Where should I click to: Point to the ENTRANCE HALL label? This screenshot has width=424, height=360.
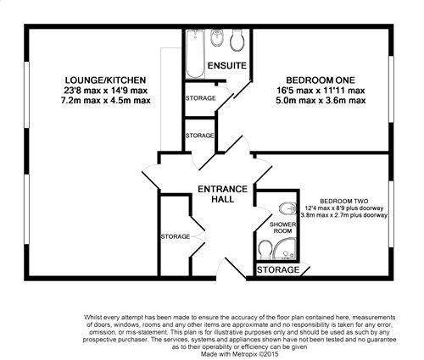(x=222, y=194)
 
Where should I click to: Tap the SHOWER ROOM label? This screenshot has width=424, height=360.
(x=281, y=227)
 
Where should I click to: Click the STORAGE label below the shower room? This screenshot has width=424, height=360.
(x=280, y=270)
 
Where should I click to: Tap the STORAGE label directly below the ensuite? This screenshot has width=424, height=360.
(x=200, y=99)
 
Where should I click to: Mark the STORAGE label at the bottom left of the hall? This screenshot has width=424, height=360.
(x=176, y=236)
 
